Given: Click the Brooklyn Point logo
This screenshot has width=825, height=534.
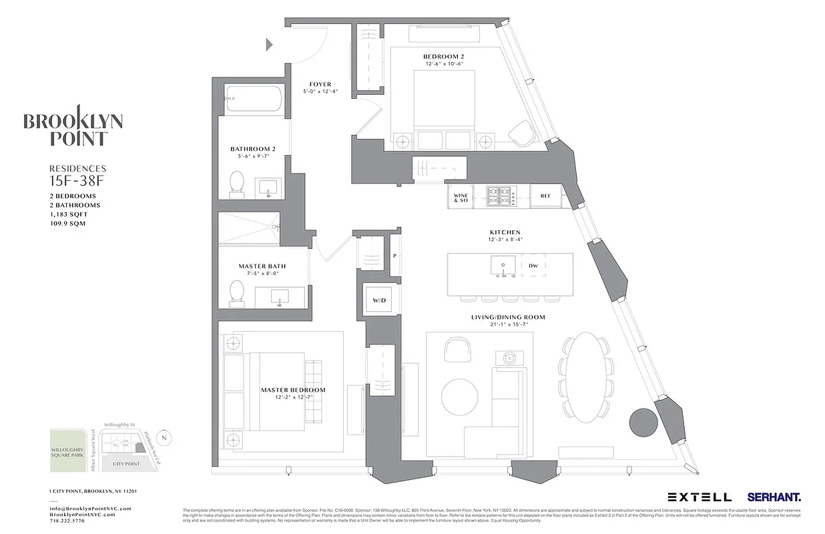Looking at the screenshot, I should [x=73, y=126].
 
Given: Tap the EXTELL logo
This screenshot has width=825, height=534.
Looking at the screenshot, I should [x=700, y=497].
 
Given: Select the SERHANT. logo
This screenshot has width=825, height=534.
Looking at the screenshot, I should [x=774, y=497].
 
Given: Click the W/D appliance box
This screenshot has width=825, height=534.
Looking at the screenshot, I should [x=379, y=300].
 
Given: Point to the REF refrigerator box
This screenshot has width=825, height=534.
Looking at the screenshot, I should [x=545, y=196].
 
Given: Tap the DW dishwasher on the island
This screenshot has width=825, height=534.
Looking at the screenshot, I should [x=533, y=266].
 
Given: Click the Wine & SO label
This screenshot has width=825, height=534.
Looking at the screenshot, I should [x=461, y=198].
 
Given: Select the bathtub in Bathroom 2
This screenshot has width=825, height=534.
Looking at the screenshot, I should [x=253, y=101].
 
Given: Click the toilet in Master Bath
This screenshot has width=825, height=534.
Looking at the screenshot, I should [x=236, y=294].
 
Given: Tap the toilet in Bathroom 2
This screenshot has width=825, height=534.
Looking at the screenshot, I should [x=237, y=184].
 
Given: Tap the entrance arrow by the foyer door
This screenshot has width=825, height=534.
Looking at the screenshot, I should [x=270, y=45].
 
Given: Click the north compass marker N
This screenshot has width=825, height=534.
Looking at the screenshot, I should [x=166, y=438].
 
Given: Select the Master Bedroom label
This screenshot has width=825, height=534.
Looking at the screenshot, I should [x=293, y=390].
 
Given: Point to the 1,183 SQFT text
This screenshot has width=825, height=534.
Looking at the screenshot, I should [x=69, y=214].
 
